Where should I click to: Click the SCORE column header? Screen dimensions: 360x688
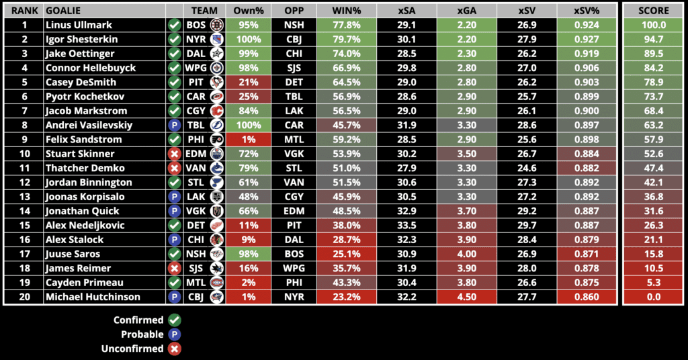coord(654,11)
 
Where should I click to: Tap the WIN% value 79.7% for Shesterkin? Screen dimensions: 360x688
coord(349,39)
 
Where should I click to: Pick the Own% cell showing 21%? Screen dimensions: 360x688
coord(248,82)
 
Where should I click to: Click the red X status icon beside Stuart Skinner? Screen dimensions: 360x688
coord(174,154)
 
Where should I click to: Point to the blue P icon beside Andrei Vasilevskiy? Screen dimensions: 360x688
coord(174,125)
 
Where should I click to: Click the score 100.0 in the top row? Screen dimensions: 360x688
coord(654,25)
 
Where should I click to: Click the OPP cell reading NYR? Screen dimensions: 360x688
coord(294,297)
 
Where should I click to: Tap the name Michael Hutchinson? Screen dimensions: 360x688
coord(93,297)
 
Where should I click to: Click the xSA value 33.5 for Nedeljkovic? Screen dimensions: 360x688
coord(406,225)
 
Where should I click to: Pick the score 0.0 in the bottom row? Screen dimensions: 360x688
coord(654,297)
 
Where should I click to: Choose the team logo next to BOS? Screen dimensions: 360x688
coord(216,25)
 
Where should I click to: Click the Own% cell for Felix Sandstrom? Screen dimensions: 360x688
coord(248,140)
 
